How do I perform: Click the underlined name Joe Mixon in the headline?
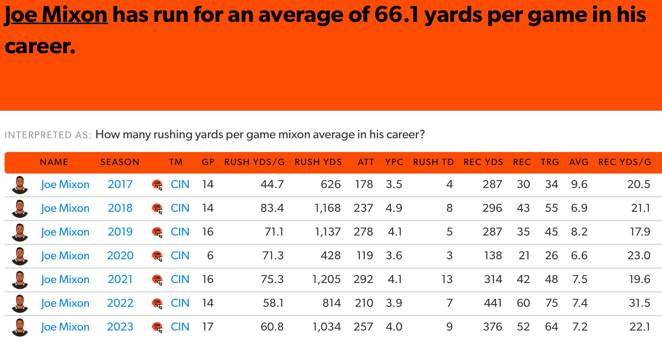[x=56, y=15]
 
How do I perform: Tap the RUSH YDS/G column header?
[x=254, y=162]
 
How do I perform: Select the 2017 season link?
[x=120, y=184]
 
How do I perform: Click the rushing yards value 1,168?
[x=327, y=208]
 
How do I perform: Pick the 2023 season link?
[x=120, y=327]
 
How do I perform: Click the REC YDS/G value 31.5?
[x=639, y=303]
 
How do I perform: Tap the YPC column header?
[x=394, y=162]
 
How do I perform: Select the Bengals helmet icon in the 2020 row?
[x=157, y=255]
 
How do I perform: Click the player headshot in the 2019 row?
[x=20, y=232]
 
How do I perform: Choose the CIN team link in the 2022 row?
[x=180, y=303]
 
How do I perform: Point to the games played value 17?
[x=208, y=327]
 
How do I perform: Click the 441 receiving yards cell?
[x=493, y=303]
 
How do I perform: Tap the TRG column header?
[x=549, y=162]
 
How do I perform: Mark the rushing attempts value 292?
[x=363, y=279]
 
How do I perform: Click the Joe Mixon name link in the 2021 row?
[x=65, y=279]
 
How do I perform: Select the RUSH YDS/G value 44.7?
[x=272, y=184]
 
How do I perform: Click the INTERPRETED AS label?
[x=48, y=135]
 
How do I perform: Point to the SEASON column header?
[x=120, y=162]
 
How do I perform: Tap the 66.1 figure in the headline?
[x=396, y=15]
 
